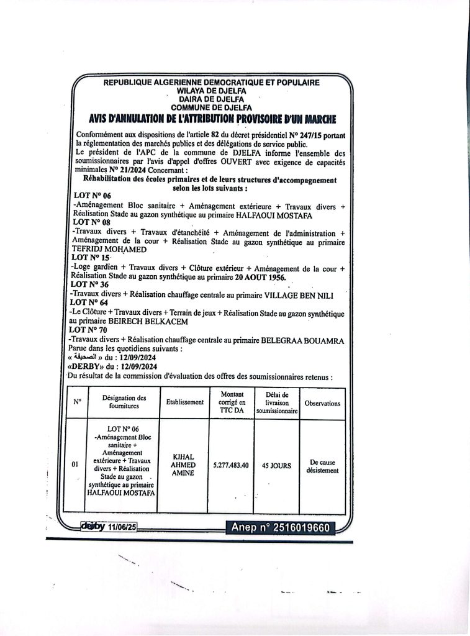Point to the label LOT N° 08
tap(91, 221)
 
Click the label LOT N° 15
tap(91, 257)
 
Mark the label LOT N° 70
tap(90, 330)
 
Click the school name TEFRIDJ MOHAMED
tap(109, 248)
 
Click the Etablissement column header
tap(184, 402)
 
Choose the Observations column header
tap(322, 403)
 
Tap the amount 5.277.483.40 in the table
tap(230, 465)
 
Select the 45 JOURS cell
tap(276, 465)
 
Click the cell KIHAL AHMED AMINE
tap(184, 465)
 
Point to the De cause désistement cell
tap(322, 466)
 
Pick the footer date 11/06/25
tap(122, 527)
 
